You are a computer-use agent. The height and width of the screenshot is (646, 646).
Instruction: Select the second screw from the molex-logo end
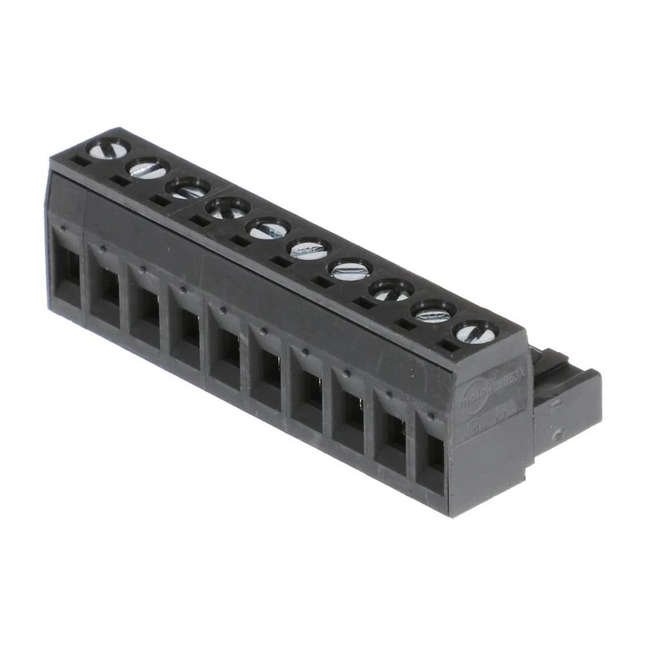pos(434,313)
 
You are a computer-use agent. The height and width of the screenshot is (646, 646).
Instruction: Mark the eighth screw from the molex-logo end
pos(187,189)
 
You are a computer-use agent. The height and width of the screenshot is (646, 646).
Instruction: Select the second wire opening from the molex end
pos(391,439)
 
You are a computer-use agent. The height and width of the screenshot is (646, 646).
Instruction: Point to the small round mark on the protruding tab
pos(559,434)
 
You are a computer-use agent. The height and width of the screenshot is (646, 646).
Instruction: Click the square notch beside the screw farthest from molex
pos(79,161)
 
